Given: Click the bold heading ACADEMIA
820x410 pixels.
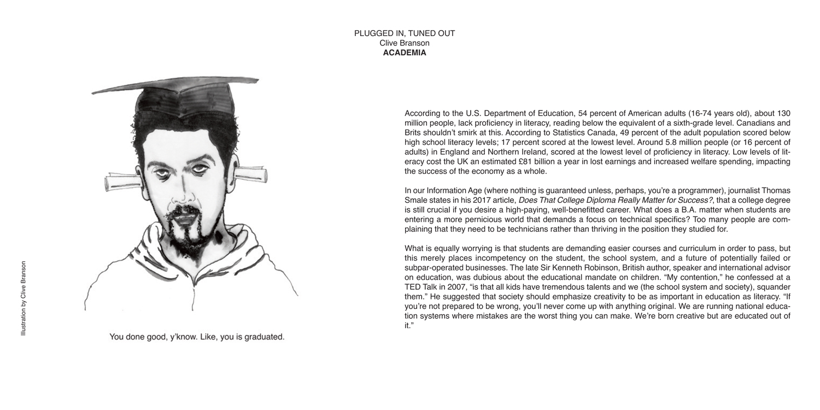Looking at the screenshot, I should point(405,53).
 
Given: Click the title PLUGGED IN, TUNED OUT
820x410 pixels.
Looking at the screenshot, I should point(405,33).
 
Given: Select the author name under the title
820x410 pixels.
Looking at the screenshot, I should point(405,43).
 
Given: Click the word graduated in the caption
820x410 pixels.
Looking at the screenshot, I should point(265,337).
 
